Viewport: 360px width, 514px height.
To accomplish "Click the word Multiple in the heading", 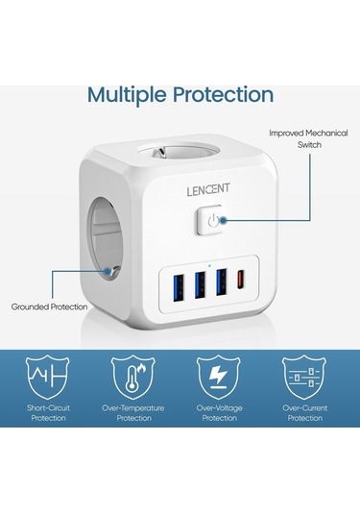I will click(x=131, y=94).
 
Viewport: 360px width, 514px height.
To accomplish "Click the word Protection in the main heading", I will click(x=226, y=94).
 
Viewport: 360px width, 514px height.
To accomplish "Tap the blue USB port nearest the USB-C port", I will click(x=222, y=284).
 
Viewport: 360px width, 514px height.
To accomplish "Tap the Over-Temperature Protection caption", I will click(x=133, y=413).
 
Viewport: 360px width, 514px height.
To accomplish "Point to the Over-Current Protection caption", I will click(x=305, y=413).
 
